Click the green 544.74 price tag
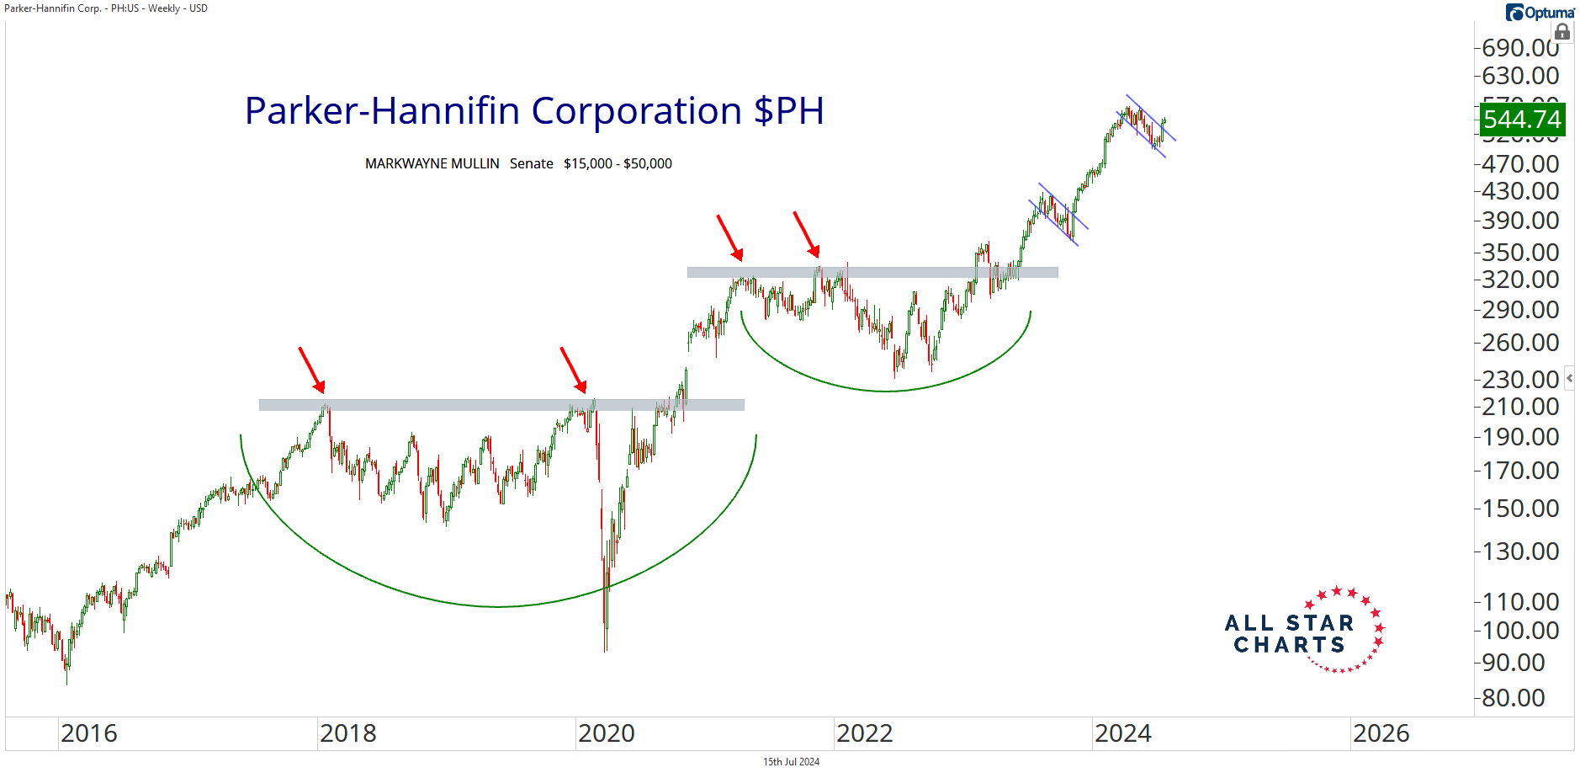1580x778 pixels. tap(1522, 120)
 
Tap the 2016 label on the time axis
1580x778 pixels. tap(88, 733)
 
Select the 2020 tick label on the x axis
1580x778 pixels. tap(606, 733)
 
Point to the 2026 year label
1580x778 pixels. tap(1381, 733)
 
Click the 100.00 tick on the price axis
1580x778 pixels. tap(1520, 630)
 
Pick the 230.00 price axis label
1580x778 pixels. tap(1520, 379)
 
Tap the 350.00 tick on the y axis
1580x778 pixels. tap(1520, 252)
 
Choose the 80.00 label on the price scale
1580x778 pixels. tap(1513, 697)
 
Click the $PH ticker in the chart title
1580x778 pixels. tap(788, 111)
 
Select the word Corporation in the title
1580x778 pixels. tap(636, 111)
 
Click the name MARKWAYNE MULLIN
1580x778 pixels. tap(432, 163)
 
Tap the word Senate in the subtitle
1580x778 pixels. tap(531, 163)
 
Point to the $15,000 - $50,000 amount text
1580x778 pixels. tap(618, 163)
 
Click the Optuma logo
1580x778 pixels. tap(1539, 12)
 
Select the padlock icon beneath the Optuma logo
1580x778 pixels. tap(1561, 33)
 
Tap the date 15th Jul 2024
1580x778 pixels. tap(791, 762)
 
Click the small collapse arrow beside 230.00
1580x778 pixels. tap(1569, 378)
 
